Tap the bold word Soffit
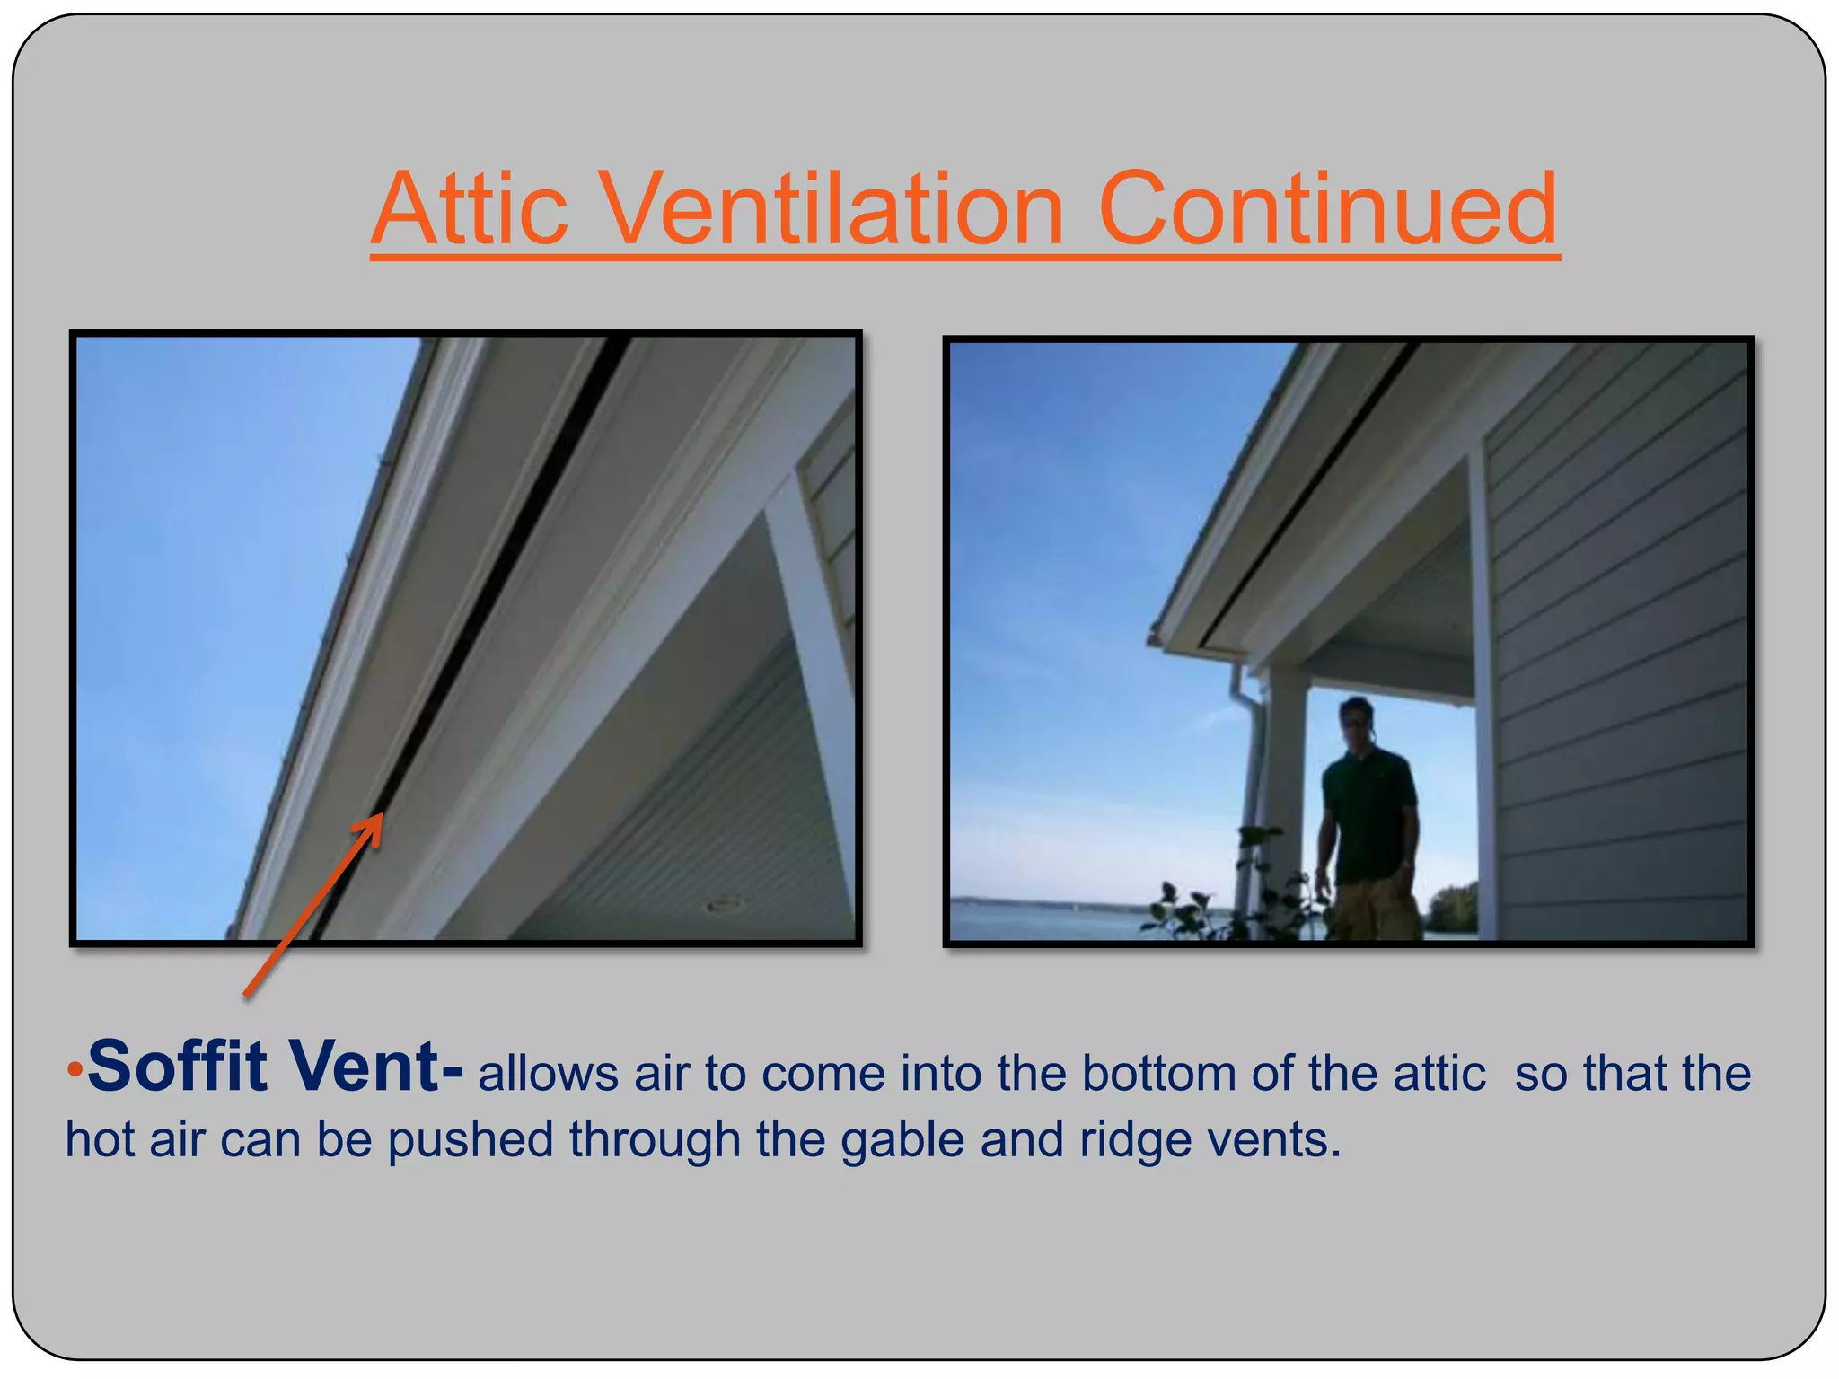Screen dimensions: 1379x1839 click(177, 1066)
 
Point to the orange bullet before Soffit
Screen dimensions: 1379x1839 click(75, 1069)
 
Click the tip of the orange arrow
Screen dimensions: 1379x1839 click(381, 815)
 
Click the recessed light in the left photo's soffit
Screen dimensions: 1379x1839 click(724, 904)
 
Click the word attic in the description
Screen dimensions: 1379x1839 click(1439, 1073)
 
